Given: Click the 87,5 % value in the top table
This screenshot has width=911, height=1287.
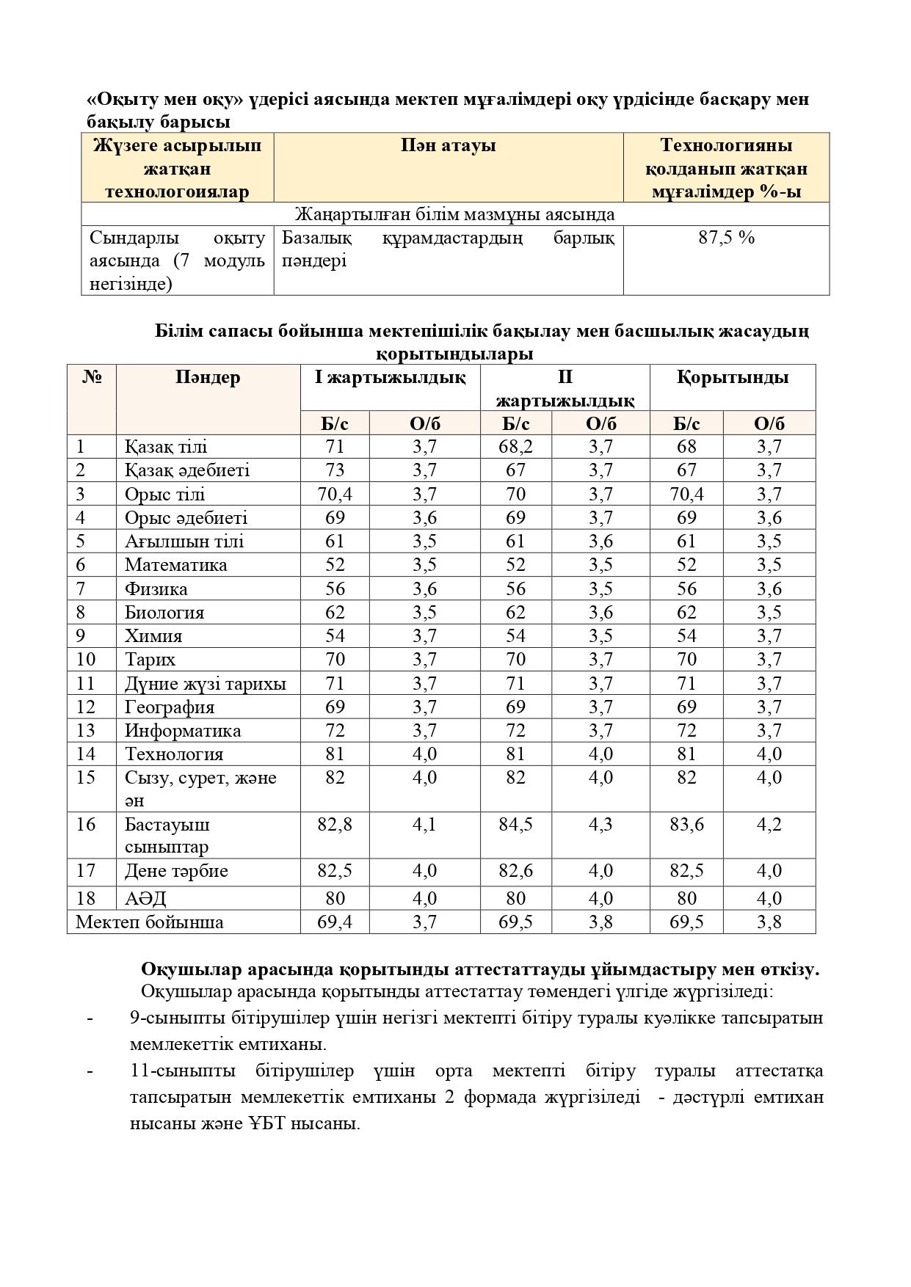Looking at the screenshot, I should point(726,238).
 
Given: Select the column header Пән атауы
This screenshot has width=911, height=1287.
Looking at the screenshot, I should point(448,145).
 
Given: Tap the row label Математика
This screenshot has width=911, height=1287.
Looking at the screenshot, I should point(175,565).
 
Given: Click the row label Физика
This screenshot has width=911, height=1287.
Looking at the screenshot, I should point(156,589).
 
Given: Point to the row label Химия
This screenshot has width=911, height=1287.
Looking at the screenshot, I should point(153,636).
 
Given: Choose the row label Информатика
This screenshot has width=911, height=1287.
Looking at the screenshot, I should point(182,731).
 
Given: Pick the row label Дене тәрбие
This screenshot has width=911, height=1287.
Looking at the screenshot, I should point(176,871).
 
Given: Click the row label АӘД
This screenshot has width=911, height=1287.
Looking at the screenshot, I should point(145,898).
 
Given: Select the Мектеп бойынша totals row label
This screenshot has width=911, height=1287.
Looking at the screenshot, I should point(150,922).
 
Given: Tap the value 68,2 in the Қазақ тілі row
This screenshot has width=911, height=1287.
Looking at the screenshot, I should point(515,447).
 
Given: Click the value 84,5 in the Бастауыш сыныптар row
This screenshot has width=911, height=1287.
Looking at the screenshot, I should point(515,825).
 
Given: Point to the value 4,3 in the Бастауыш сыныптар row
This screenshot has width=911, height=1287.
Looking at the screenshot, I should point(600,825).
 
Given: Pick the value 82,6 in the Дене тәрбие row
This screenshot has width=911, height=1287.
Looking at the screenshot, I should point(515,871).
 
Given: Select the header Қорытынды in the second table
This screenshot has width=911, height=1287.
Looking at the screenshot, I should point(732,378).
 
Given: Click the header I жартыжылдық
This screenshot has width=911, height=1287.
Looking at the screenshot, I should point(390,378).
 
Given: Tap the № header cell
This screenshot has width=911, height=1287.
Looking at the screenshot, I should point(92,378).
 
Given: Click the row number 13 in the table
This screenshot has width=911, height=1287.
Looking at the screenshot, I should point(85,731).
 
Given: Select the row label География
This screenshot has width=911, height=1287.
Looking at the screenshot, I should point(170,707).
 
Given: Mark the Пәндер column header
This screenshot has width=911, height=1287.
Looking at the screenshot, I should point(208,378).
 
